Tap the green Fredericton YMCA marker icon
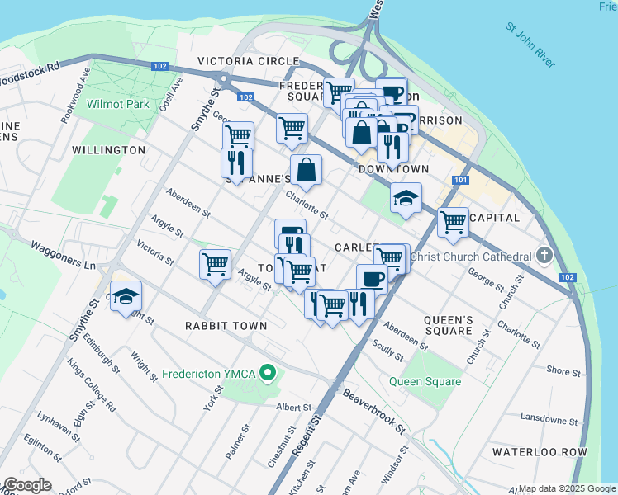(267, 374)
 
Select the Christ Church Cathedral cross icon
(544, 256)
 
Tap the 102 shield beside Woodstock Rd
(161, 66)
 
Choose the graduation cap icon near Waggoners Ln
(126, 296)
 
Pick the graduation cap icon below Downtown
(406, 198)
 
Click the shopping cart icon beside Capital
(453, 221)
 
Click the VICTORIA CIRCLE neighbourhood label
(248, 62)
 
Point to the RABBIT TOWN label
(226, 326)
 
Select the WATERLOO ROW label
(540, 452)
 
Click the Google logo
(27, 485)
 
